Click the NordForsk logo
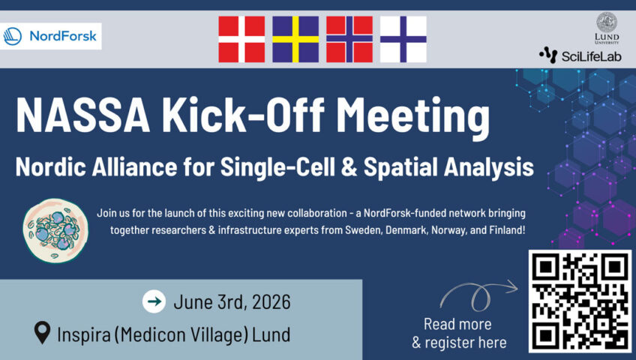point(50,36)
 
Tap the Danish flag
point(241,39)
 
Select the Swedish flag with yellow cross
point(295,39)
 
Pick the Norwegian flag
point(349,39)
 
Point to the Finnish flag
point(403,39)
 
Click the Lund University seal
point(607,22)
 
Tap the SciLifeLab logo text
point(591,56)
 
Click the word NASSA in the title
point(82,116)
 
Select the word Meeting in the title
point(413,118)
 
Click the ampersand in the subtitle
point(349,167)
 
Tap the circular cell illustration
point(55,230)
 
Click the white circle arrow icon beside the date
point(154,301)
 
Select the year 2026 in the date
point(271,302)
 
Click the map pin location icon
point(42,332)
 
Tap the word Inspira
point(84,334)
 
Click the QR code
point(580,301)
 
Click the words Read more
point(457,324)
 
